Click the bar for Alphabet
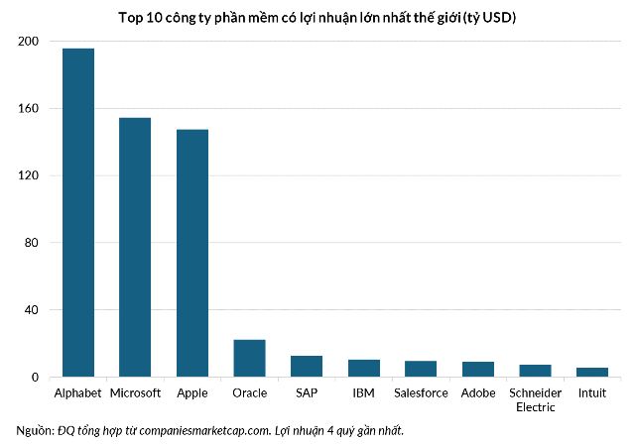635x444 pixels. point(78,213)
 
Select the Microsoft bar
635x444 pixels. point(135,248)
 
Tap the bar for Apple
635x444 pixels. point(192,253)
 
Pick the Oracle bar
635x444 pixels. point(249,359)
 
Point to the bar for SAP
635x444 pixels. point(307,367)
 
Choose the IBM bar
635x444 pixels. point(364,369)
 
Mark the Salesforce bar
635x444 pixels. point(421,369)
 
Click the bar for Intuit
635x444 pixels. point(592,373)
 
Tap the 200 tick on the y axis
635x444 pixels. point(28,42)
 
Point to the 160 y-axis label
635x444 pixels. point(28,108)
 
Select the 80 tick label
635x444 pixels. point(31,243)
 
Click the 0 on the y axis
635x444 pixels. point(35,378)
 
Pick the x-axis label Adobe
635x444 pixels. point(478,393)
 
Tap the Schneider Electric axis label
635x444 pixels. point(536,400)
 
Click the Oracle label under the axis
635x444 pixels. point(249,393)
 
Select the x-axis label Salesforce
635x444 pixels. point(421,393)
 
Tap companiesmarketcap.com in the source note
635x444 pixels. point(204,431)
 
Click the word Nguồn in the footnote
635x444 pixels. point(35,431)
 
